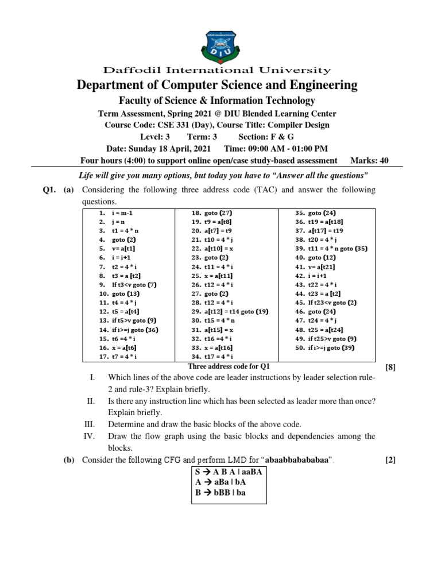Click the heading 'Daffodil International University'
(217, 71)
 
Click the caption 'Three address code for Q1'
(229, 366)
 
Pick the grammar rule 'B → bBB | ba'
(221, 493)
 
